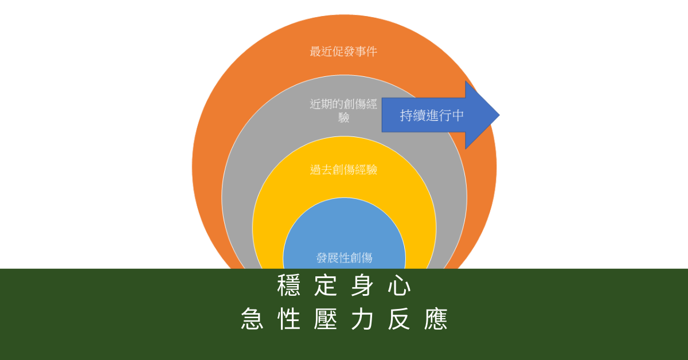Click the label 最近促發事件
(343, 52)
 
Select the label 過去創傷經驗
(343, 170)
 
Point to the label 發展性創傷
(344, 258)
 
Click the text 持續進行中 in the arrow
(432, 115)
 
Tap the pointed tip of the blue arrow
(498, 115)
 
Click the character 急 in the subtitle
(252, 319)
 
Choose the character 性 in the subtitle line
(288, 319)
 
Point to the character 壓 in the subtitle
(326, 319)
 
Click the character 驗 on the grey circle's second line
(343, 118)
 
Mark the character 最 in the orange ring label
(315, 52)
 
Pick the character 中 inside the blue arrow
(458, 115)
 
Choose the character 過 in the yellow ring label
(315, 170)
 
